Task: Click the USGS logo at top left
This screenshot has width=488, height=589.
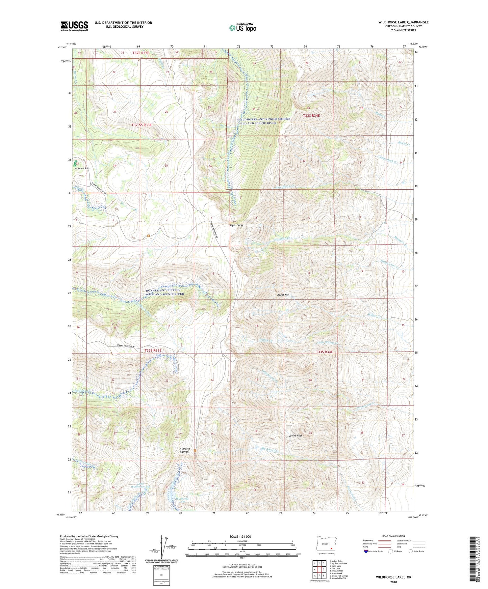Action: click(x=74, y=26)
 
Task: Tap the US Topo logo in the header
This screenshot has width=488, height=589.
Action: click(x=242, y=28)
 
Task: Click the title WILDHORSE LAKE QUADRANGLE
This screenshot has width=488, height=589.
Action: click(x=403, y=22)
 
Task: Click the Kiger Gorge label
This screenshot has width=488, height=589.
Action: click(x=236, y=225)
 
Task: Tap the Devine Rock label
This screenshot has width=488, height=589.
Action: click(x=295, y=436)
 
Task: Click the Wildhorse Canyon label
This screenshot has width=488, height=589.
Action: click(x=184, y=450)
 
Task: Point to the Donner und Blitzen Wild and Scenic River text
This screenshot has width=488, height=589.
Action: click(x=165, y=292)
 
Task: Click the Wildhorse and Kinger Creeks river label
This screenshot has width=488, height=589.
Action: click(x=264, y=121)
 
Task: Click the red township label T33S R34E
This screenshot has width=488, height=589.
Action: click(x=324, y=352)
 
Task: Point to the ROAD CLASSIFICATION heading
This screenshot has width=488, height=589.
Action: click(x=393, y=536)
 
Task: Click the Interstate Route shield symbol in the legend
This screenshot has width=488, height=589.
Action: click(x=366, y=551)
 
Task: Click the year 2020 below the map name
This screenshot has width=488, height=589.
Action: click(x=393, y=582)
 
